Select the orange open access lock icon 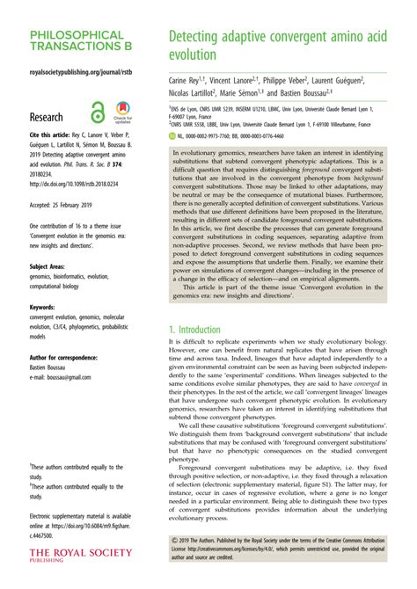(97, 113)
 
